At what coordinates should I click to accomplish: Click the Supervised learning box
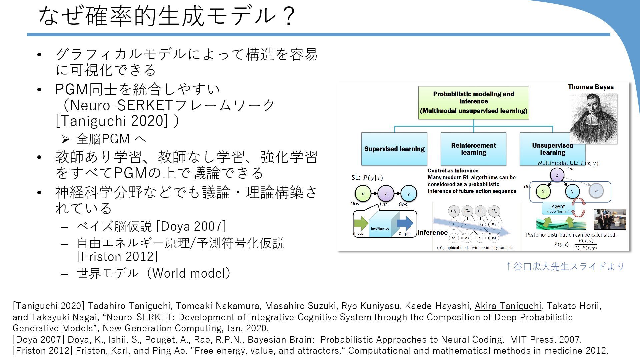394,149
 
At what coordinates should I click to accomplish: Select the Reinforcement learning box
473,149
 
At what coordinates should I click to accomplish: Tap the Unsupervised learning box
547,149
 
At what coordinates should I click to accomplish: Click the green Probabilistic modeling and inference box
473,102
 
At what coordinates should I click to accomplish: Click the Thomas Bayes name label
591,87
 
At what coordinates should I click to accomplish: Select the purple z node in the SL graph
386,194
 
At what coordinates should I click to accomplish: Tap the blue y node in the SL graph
408,194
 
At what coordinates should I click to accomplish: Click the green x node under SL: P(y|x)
363,194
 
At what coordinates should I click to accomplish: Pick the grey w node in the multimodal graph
596,191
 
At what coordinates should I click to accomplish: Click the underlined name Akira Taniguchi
508,306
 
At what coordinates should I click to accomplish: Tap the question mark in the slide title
289,16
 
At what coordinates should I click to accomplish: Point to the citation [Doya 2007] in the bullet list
191,226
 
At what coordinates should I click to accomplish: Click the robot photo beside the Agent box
610,219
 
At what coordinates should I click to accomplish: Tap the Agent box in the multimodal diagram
558,208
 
